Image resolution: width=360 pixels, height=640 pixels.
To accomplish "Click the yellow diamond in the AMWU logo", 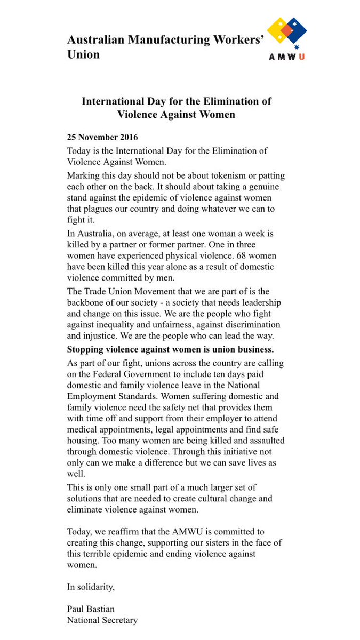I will click(278, 29).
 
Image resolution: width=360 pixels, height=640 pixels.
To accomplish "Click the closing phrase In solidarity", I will click(91, 587).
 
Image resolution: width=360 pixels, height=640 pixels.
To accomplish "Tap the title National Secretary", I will click(102, 620).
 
